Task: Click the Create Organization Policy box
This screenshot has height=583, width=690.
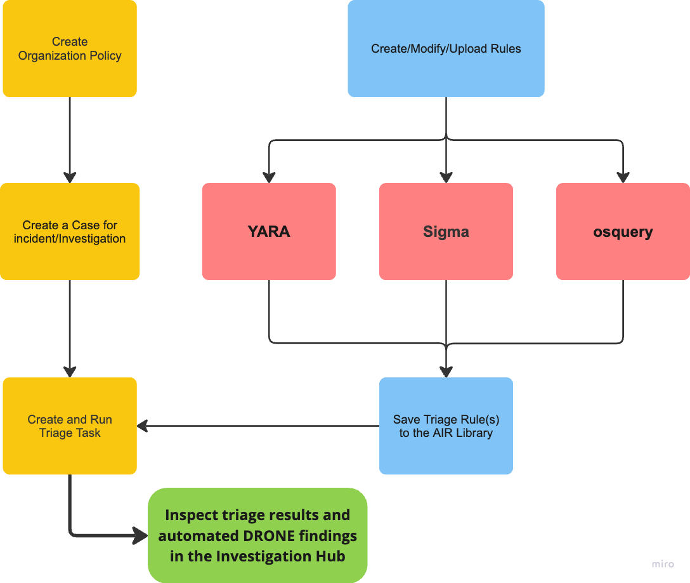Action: coord(70,48)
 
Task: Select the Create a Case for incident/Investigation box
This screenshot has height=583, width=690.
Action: coord(70,232)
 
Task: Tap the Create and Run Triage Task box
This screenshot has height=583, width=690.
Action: coord(70,426)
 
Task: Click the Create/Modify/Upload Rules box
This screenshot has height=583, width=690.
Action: coord(446,48)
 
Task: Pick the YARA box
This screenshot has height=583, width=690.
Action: coord(269,232)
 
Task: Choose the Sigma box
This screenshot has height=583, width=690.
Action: coord(446,232)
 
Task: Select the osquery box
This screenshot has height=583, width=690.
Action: coord(623,232)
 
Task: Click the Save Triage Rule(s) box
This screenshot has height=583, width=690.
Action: coord(446,426)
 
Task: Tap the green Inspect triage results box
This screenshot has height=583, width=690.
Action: coord(257,535)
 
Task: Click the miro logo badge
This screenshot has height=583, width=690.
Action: coord(663,564)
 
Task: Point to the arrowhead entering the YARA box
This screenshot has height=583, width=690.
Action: coord(269,177)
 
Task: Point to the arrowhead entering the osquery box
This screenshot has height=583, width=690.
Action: coord(623,177)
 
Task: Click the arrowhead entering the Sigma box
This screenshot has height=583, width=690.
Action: coord(446,177)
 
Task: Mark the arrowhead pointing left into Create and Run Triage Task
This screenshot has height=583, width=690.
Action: coord(143,426)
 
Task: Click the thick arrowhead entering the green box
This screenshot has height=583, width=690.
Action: coord(141,536)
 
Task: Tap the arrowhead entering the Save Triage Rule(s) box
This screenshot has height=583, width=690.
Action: coord(446,372)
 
